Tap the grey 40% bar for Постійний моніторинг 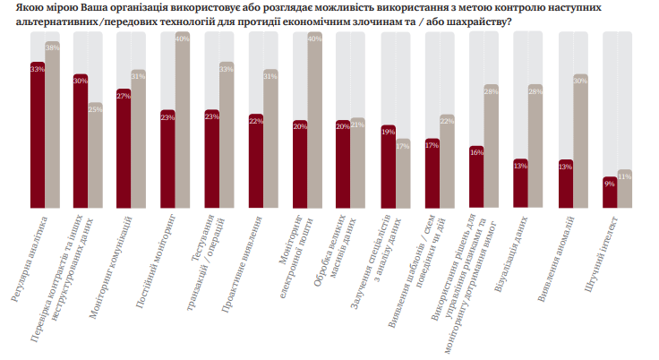[x=183, y=121]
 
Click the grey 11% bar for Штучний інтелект [x=624, y=191]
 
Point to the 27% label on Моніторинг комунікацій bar [x=124, y=96]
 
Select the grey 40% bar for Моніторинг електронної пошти [x=314, y=121]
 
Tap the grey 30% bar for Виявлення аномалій [x=580, y=143]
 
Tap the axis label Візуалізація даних [x=510, y=256]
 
